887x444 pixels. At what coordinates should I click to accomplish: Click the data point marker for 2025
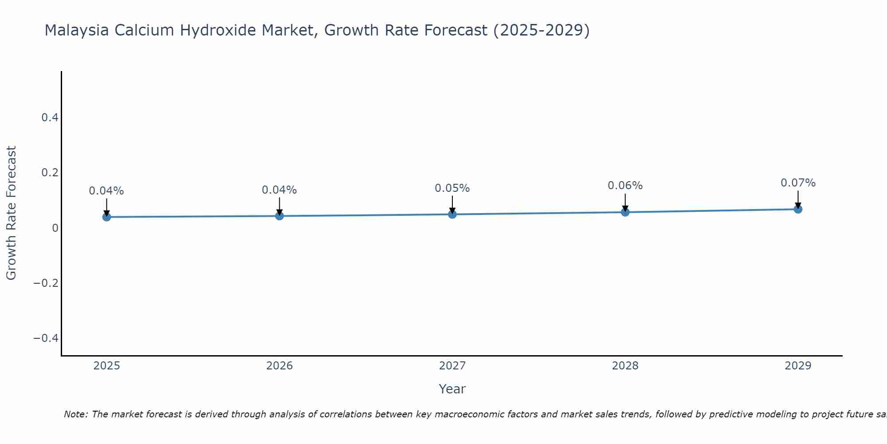pyautogui.click(x=106, y=217)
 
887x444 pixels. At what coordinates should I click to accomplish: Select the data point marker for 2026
pyautogui.click(x=279, y=216)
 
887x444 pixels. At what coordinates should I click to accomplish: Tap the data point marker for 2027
pyautogui.click(x=452, y=214)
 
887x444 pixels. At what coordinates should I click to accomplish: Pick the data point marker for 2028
pyautogui.click(x=625, y=212)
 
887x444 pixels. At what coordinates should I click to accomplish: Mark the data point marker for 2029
pyautogui.click(x=798, y=209)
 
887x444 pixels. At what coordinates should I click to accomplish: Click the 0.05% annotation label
pyautogui.click(x=452, y=188)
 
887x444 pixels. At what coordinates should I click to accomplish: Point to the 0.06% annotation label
pyautogui.click(x=625, y=186)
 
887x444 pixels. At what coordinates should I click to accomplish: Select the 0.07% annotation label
pyautogui.click(x=798, y=183)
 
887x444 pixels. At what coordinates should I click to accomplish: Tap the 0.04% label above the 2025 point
pyautogui.click(x=106, y=191)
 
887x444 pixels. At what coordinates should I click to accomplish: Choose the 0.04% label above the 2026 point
pyautogui.click(x=279, y=190)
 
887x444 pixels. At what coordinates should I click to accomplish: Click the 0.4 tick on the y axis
pyautogui.click(x=50, y=118)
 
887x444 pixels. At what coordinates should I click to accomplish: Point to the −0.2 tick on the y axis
pyautogui.click(x=46, y=283)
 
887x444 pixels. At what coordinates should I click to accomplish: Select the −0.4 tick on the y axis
pyautogui.click(x=46, y=338)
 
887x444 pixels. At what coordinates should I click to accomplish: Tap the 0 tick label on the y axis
pyautogui.click(x=55, y=228)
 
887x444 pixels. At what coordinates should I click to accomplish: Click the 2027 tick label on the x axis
pyautogui.click(x=452, y=366)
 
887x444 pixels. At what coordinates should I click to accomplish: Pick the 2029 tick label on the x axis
pyautogui.click(x=798, y=366)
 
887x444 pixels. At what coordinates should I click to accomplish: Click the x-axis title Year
pyautogui.click(x=452, y=389)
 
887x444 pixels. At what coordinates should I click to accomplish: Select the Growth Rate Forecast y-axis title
pyautogui.click(x=11, y=213)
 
